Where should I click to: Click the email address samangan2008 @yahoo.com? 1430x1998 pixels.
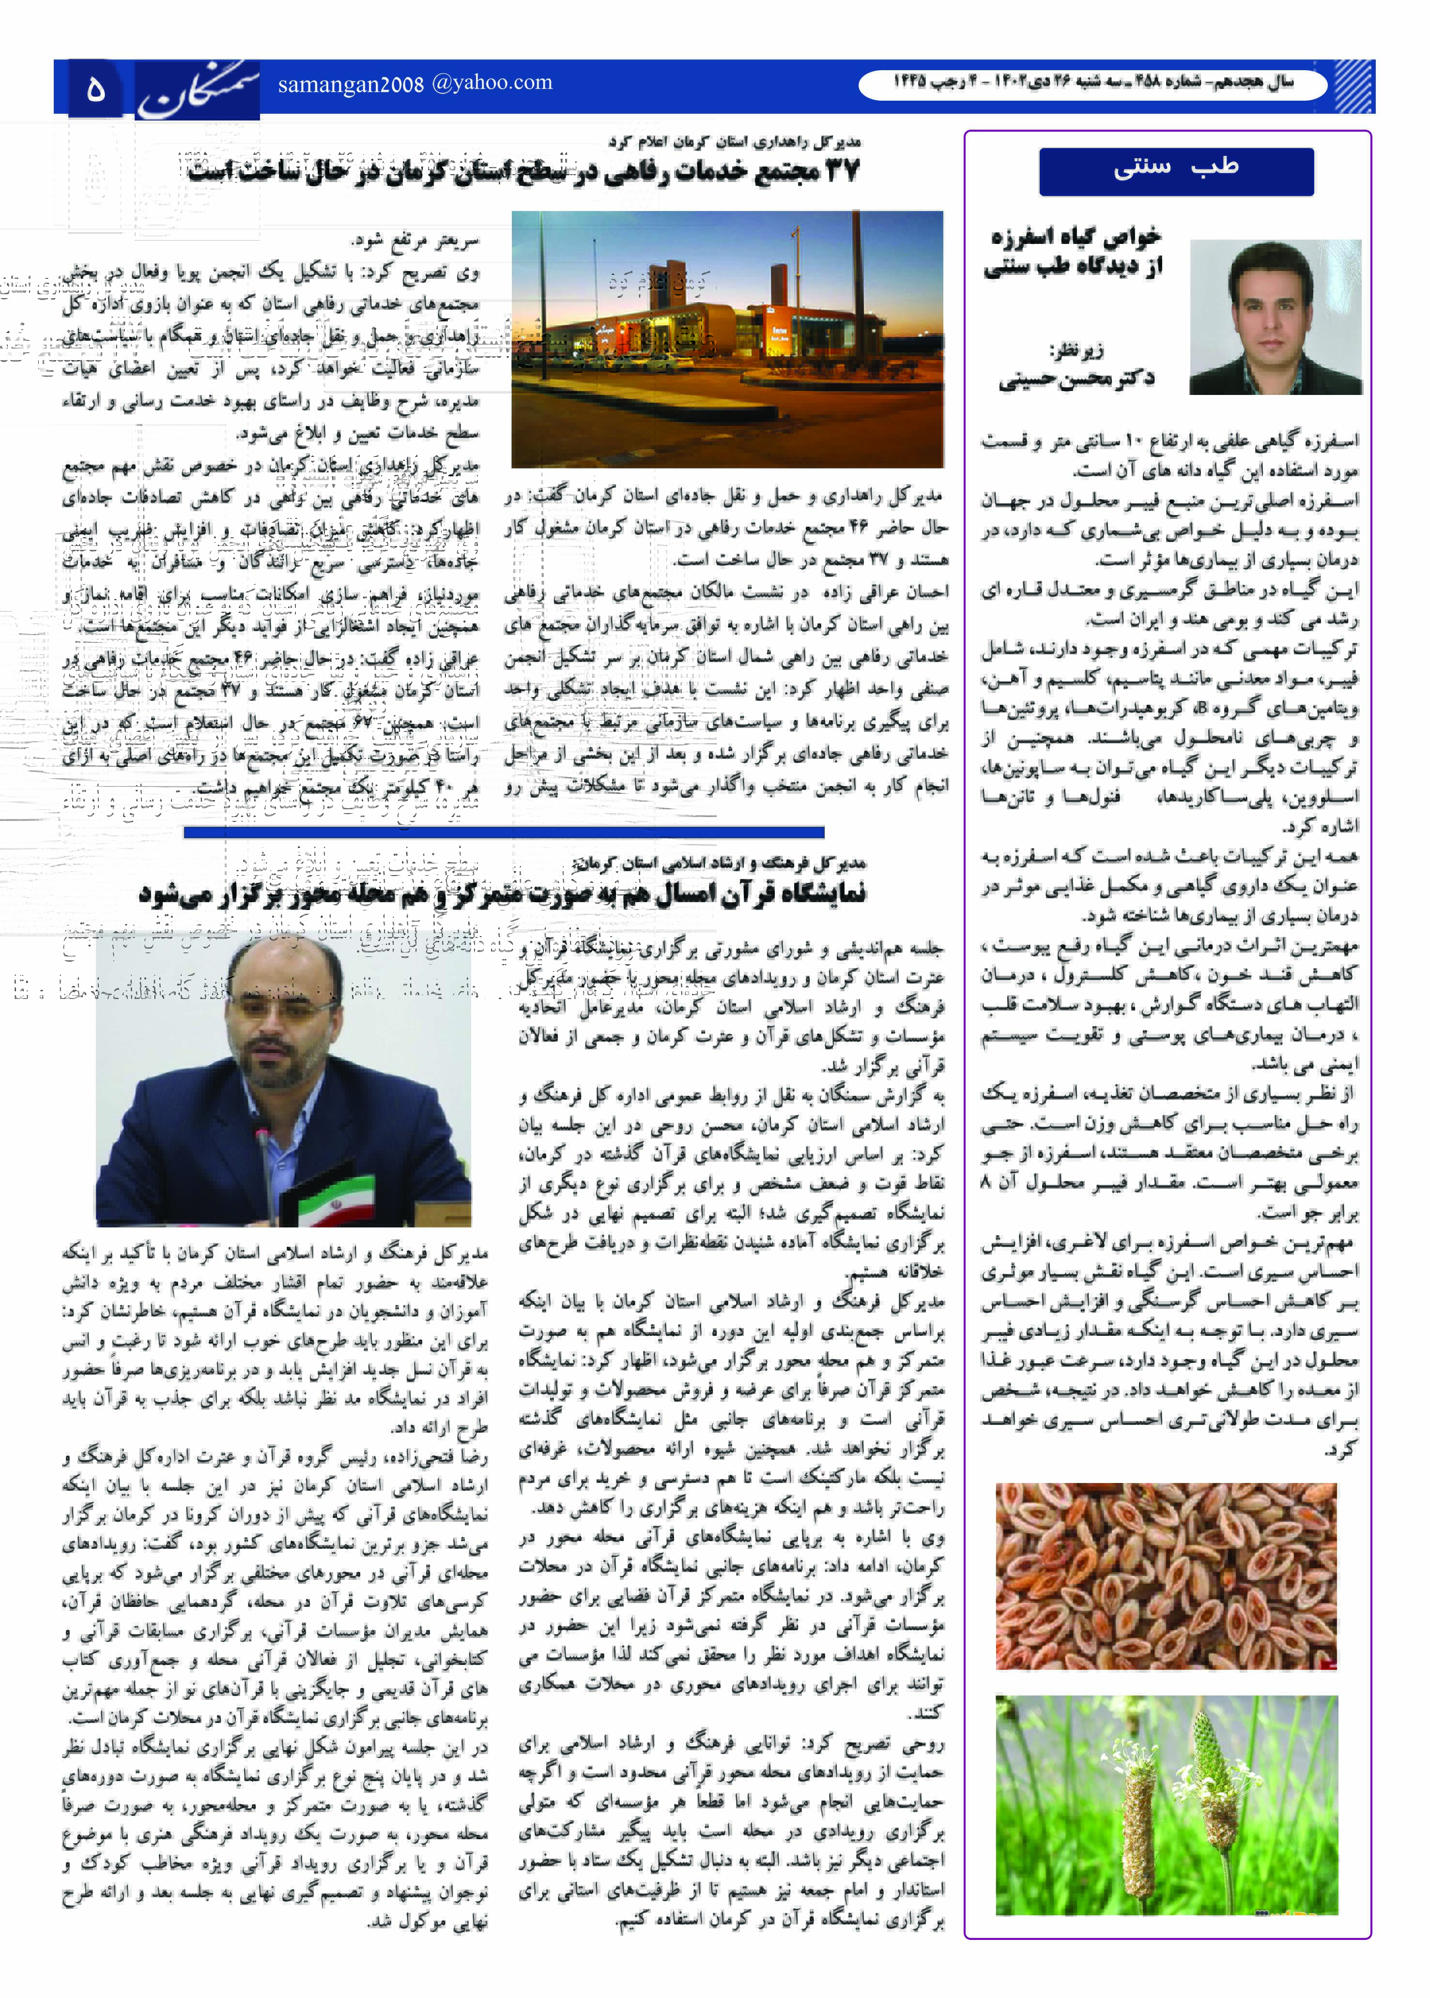click(x=415, y=84)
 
